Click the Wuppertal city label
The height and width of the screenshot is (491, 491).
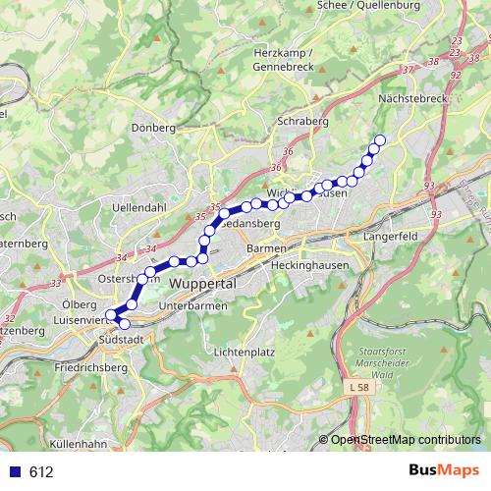pyautogui.click(x=204, y=283)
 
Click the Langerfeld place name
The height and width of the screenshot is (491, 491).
pyautogui.click(x=392, y=237)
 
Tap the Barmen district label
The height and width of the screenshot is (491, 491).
pyautogui.click(x=266, y=249)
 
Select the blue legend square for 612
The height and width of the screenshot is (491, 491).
pyautogui.click(x=13, y=472)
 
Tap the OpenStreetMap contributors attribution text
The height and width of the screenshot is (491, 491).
pyautogui.click(x=406, y=440)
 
